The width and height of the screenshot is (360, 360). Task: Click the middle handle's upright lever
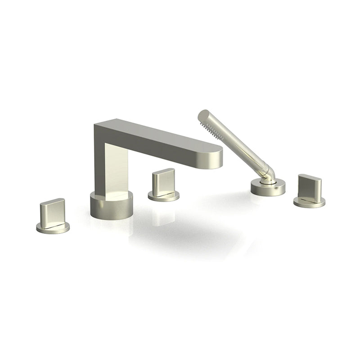coord(163,181)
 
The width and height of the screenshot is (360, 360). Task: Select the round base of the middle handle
coord(163,195)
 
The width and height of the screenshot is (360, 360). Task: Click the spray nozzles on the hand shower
coord(208,127)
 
